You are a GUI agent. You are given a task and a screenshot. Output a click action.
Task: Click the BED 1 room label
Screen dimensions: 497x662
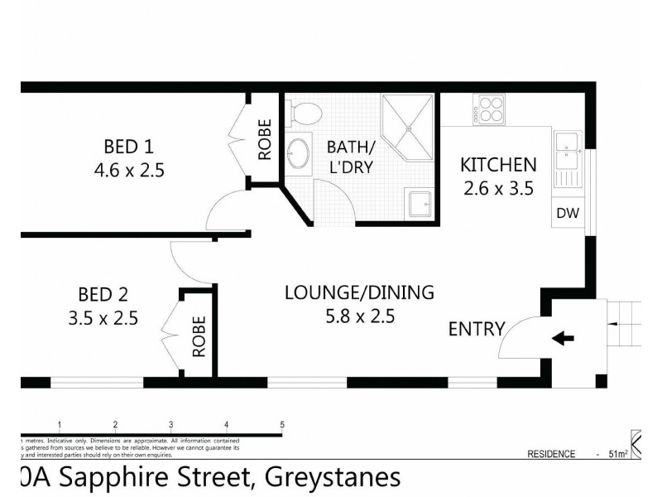click(128, 147)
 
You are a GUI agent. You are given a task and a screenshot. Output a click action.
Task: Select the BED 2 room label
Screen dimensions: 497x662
click(103, 294)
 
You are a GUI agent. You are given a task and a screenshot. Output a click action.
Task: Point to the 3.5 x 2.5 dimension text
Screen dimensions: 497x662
click(103, 318)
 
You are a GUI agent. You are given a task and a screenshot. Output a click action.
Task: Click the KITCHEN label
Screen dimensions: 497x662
click(498, 165)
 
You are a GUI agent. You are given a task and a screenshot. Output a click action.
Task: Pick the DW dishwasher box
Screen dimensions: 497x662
click(568, 213)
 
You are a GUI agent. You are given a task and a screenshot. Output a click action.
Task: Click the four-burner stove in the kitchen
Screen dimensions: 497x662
click(490, 111)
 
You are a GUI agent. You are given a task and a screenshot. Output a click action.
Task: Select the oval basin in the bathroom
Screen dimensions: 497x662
click(298, 153)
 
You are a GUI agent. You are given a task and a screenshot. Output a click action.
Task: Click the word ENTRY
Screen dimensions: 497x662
click(476, 329)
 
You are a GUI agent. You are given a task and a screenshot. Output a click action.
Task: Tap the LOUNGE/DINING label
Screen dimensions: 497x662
click(359, 292)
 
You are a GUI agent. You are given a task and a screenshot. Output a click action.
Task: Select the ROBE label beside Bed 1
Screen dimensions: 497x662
click(265, 140)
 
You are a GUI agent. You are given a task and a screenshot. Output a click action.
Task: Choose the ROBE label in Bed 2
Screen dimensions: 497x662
click(199, 336)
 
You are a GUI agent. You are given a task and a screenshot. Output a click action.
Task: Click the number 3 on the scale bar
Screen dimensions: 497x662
click(170, 424)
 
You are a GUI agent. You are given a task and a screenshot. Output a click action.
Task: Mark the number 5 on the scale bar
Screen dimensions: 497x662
click(282, 424)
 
